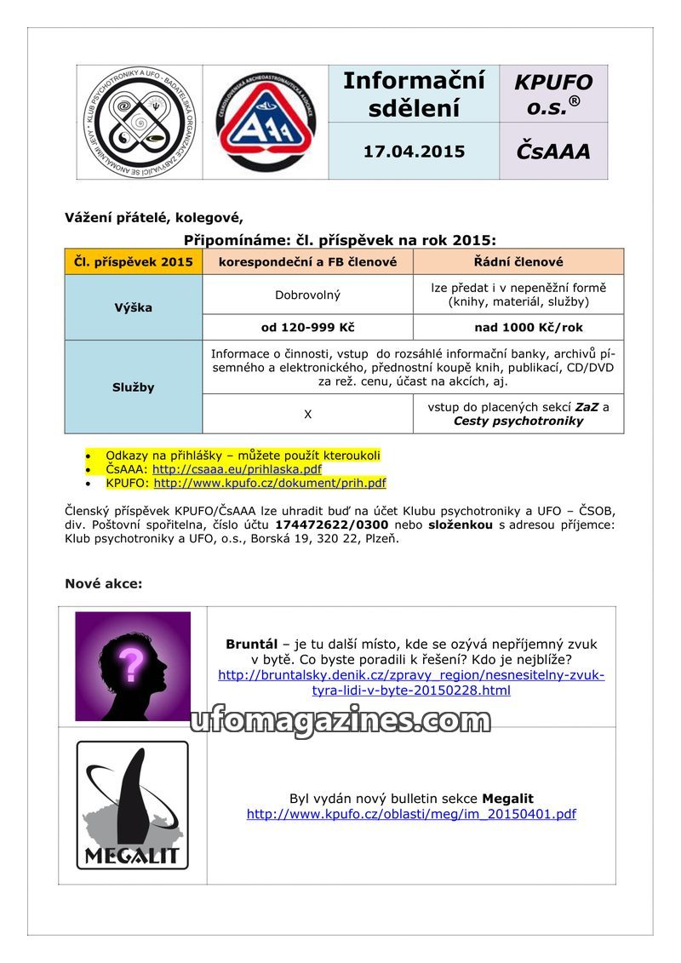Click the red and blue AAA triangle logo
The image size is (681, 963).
pos(265,122)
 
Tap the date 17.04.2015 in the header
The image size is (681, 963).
pos(414,152)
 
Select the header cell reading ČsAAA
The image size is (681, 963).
pos(553,152)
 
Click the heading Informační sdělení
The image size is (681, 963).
pos(414,95)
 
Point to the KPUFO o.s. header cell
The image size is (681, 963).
pos(553,95)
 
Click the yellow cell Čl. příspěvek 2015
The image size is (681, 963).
pos(134,261)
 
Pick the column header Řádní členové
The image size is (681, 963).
pos(518,261)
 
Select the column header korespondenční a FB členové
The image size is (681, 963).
pos(308,261)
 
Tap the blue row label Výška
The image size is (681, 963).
pos(134,307)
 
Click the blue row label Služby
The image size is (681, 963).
pos(134,387)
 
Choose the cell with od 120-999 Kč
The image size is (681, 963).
pos(308,327)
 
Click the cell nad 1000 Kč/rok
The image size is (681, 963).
pos(518,327)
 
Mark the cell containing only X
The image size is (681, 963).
pos(308,414)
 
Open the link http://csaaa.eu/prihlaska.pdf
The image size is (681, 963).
pos(237,469)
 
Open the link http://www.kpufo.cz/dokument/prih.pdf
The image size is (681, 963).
pos(270,483)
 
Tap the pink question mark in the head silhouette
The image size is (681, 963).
pos(131,665)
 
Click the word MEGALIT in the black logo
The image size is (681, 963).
pos(132,854)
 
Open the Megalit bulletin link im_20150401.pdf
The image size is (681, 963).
pos(411,814)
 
